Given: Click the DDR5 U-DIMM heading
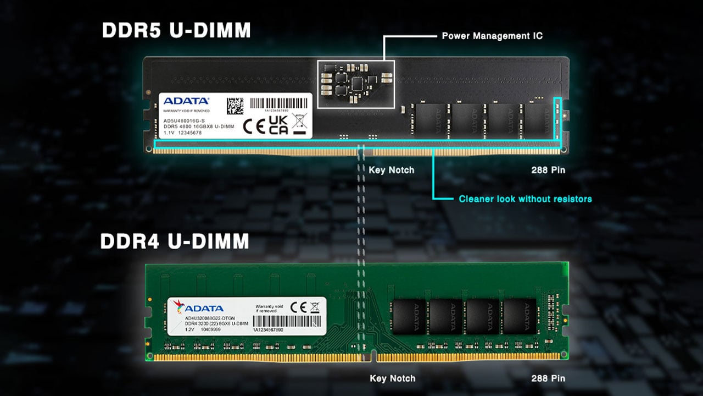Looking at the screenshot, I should point(176,30).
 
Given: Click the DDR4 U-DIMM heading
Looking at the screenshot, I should point(175,241).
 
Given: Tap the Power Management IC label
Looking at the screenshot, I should point(492,36).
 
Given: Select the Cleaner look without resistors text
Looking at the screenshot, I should point(525,199).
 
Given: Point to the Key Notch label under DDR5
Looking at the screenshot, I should point(391,170).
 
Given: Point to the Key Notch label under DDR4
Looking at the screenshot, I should point(392,378).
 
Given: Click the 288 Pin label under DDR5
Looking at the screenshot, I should point(548,170).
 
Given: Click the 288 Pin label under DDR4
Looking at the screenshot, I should point(548,378).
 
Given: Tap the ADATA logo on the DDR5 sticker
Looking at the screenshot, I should point(186,101).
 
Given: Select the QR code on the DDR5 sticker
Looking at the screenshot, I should point(235,106).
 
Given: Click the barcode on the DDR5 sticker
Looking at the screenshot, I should point(276,103).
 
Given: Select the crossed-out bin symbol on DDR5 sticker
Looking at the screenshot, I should point(299,123).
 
